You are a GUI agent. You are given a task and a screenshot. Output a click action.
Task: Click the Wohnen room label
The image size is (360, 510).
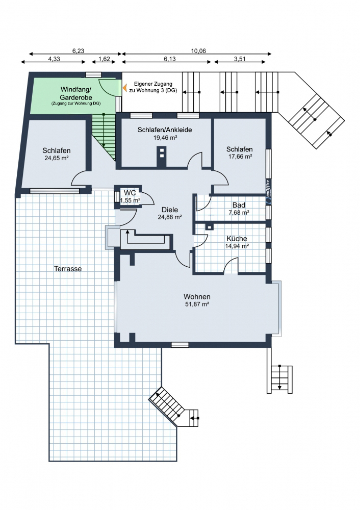pyautogui.click(x=197, y=297)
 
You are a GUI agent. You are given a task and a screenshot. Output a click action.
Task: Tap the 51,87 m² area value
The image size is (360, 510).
pyautogui.click(x=197, y=304)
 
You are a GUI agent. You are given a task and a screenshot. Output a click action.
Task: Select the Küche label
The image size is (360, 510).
pyautogui.click(x=237, y=238)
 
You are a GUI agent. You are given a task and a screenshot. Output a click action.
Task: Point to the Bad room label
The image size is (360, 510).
pyautogui.click(x=239, y=205)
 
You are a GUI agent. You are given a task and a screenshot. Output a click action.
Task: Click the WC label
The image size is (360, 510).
pyautogui.click(x=130, y=193)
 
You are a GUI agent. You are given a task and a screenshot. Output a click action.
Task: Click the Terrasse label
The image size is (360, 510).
pyautogui.click(x=68, y=268)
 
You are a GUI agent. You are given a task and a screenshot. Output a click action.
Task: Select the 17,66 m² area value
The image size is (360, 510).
pyautogui.click(x=239, y=157)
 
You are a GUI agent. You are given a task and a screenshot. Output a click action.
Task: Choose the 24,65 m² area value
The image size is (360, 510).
pyautogui.click(x=56, y=158)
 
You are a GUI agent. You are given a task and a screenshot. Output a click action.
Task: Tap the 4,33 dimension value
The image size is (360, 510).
pyautogui.click(x=54, y=59)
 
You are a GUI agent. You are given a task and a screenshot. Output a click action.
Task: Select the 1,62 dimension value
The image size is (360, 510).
pyautogui.click(x=104, y=59)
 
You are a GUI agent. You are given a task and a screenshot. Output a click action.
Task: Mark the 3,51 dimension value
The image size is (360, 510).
pyautogui.click(x=240, y=59)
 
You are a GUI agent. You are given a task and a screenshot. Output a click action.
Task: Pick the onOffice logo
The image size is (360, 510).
pyautogui.click(x=268, y=189)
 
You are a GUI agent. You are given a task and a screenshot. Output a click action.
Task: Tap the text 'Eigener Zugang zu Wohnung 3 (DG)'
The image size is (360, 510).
pyautogui.click(x=153, y=87)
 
